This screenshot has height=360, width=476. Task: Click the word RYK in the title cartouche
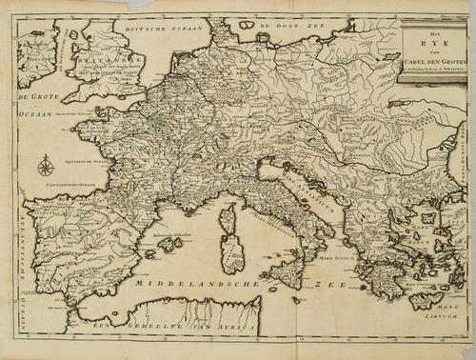[x=434, y=45]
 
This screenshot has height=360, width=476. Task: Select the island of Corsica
[x=228, y=220]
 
